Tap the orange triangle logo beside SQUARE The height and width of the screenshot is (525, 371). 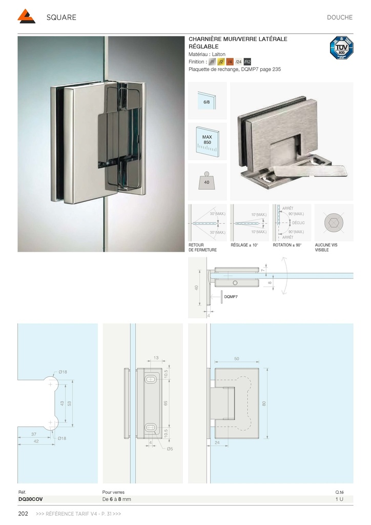26,17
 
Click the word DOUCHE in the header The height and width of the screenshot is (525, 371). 339,17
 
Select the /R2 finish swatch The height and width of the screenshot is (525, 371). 248,62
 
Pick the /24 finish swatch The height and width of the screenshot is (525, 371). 238,62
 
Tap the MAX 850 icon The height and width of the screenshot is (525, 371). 207,140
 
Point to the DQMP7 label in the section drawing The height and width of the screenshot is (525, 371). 232,297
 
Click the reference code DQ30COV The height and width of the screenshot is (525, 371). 31,499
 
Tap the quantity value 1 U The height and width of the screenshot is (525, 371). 340,499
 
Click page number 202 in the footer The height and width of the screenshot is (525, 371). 23,514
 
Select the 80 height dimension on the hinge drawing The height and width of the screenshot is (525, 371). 264,403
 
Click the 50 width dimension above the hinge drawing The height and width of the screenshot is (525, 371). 237,359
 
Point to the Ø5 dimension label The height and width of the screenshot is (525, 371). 170,449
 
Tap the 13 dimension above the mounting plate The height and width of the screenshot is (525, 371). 156,358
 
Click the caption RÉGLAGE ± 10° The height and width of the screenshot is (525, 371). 244,246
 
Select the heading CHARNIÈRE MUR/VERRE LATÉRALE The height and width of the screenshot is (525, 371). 238,39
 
